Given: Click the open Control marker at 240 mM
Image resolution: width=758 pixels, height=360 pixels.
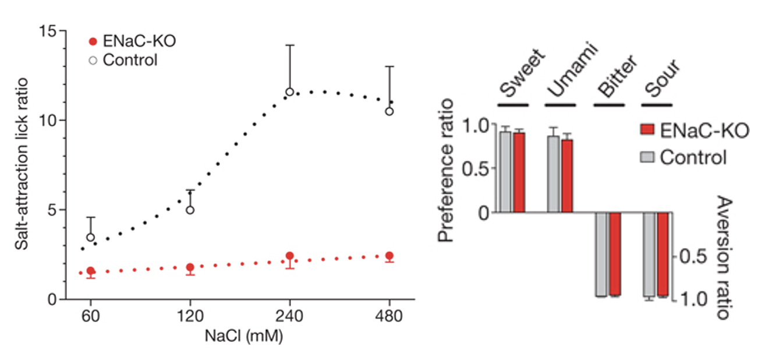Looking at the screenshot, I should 289,91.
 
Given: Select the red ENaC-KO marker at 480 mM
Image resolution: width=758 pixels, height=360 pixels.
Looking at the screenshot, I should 389,256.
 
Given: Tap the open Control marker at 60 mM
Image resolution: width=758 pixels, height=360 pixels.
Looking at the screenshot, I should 90,237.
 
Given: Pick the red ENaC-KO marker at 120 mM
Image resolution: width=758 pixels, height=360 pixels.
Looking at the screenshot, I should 190,267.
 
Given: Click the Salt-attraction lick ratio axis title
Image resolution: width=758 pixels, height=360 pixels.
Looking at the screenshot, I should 22,165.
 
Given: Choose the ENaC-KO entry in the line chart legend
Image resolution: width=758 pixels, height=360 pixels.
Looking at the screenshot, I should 132,42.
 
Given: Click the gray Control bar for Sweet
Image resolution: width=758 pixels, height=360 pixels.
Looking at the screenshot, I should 505,172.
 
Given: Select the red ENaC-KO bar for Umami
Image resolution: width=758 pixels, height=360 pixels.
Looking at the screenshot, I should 567,176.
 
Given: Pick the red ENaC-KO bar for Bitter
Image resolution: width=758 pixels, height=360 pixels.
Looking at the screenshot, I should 615,254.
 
